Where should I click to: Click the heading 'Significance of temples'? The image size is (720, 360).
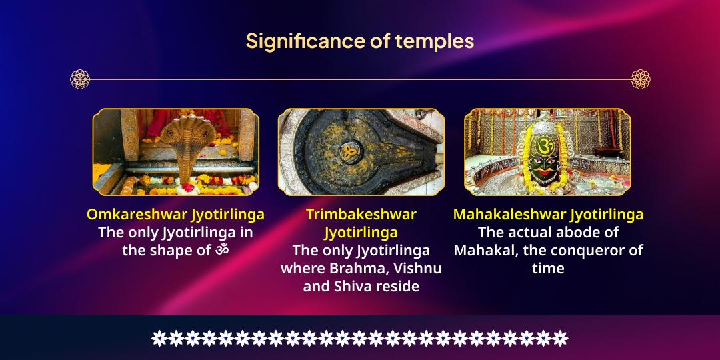click(360, 41)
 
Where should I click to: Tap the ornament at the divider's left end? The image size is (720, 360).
click(80, 79)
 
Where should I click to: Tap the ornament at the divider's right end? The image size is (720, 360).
click(640, 79)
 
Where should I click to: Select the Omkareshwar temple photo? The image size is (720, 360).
click(175, 151)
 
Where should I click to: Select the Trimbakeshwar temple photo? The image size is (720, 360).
click(361, 151)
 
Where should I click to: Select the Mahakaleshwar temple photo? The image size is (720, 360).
click(547, 151)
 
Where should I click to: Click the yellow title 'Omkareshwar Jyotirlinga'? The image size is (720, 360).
click(175, 215)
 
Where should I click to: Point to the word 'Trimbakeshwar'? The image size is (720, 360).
click(361, 215)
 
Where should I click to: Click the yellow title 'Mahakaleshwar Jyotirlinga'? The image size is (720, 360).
click(548, 215)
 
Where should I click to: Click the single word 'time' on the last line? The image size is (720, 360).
click(548, 269)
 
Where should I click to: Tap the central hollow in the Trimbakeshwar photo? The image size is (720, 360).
click(349, 150)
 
